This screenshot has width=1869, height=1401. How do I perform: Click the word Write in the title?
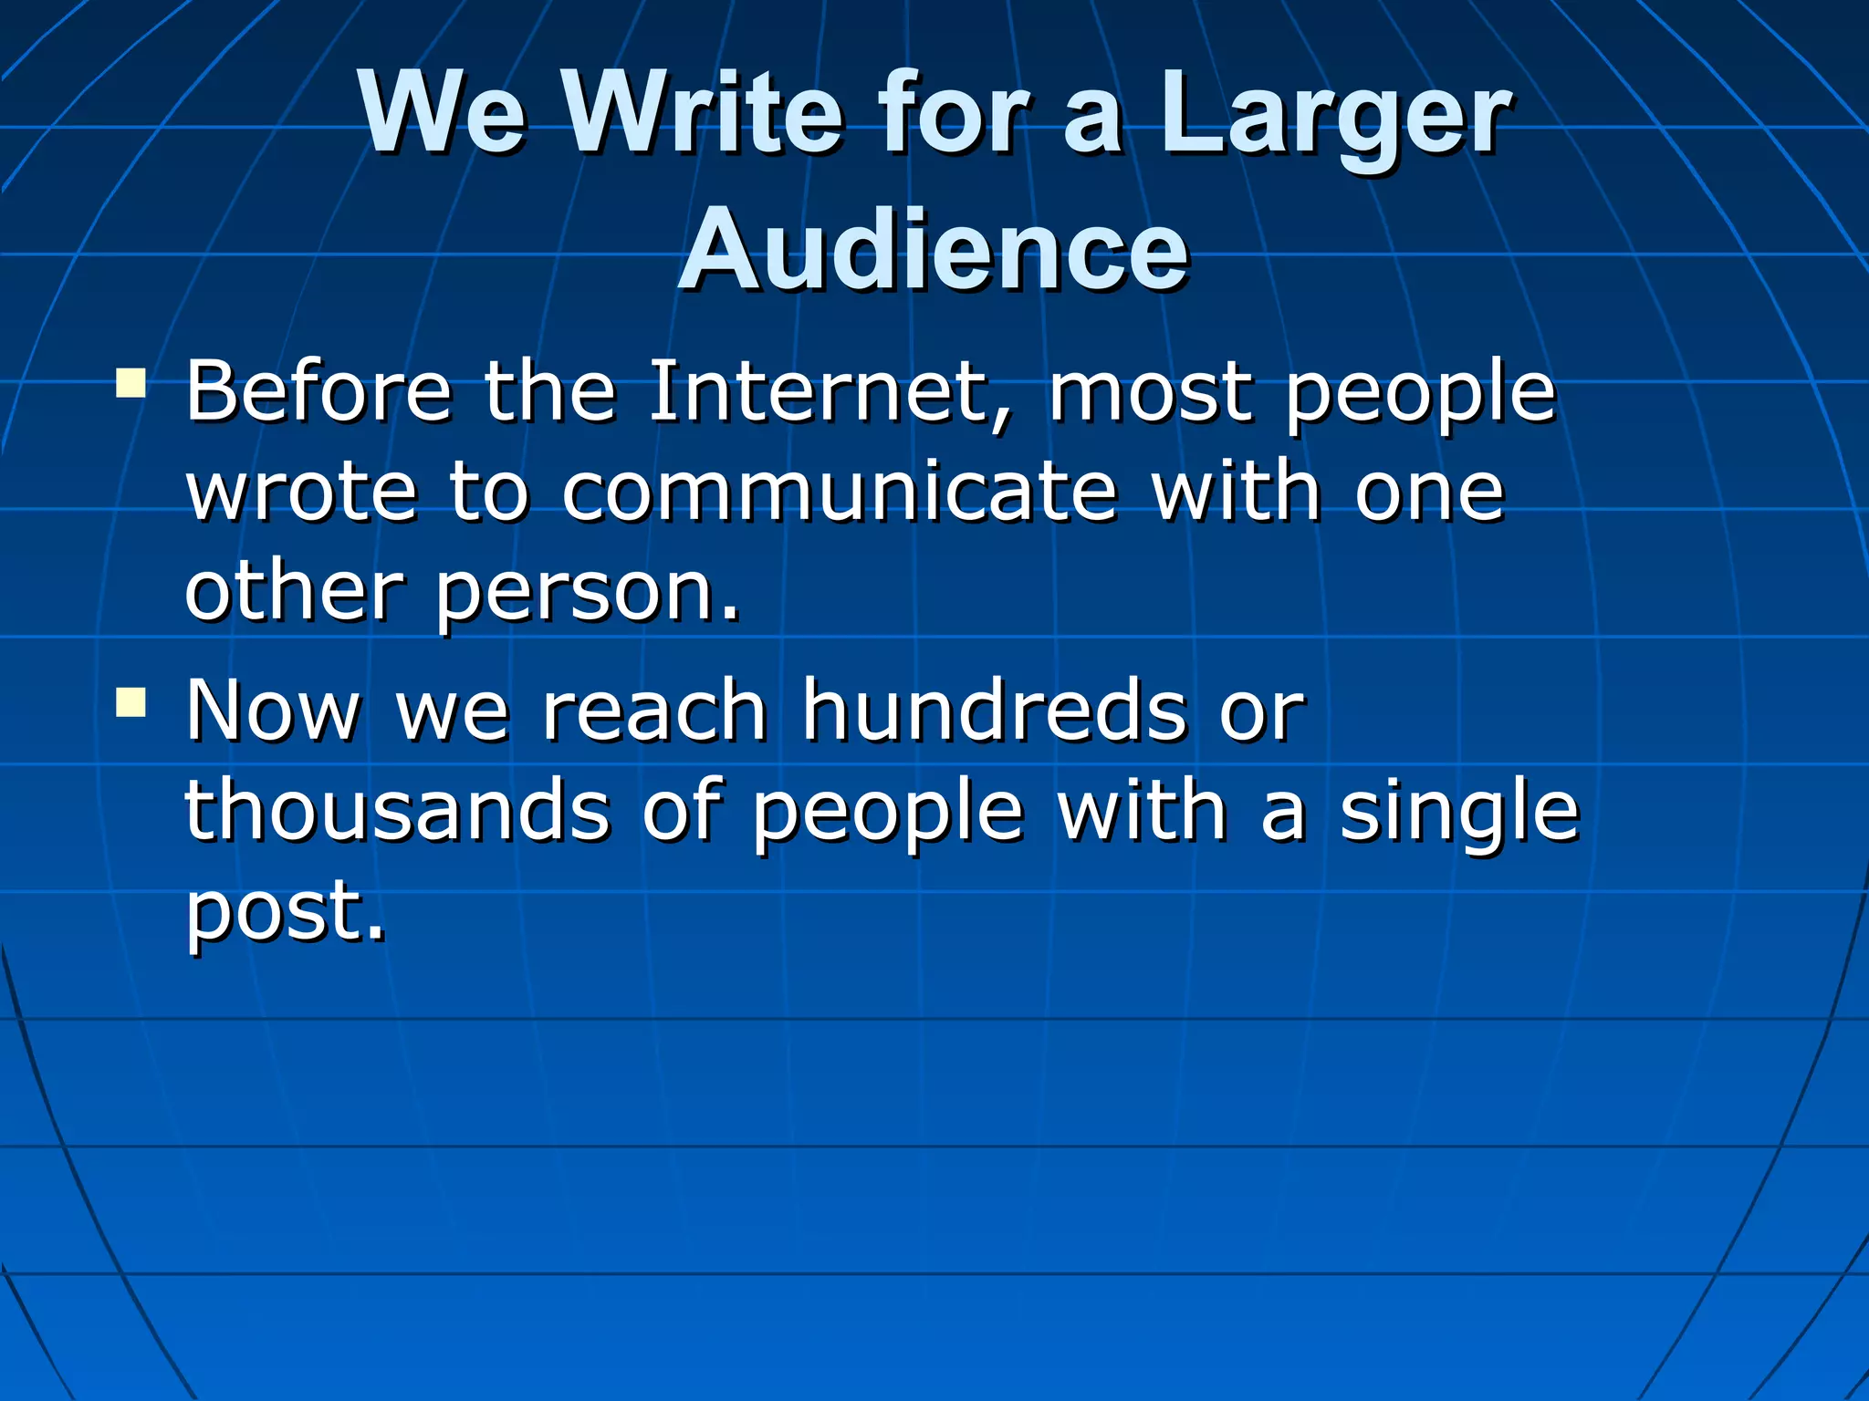coord(703,115)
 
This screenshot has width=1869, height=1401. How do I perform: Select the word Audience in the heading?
coord(933,251)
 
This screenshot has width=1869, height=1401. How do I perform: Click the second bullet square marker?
coord(131,701)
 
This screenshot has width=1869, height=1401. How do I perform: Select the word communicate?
coord(840,493)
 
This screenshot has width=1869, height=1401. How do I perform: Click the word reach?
coord(653,711)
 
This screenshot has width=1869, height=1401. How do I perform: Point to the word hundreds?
coord(995,711)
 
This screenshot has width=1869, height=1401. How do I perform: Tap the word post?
coord(285,912)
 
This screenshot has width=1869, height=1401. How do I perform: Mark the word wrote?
coord(301,493)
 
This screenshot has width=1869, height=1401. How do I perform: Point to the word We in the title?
coord(443,115)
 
